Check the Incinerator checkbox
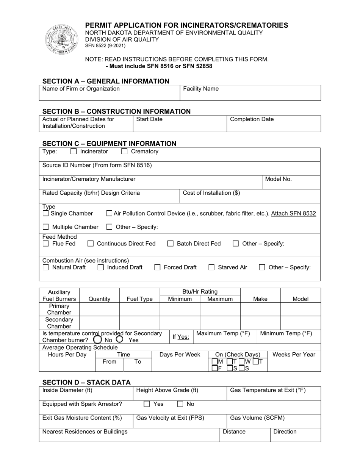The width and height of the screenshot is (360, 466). (x=74, y=152)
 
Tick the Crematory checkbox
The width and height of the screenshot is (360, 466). (x=124, y=152)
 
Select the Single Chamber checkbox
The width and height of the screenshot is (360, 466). (x=46, y=214)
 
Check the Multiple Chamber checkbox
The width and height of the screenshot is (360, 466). (x=46, y=227)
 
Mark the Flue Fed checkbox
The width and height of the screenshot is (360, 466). (x=46, y=244)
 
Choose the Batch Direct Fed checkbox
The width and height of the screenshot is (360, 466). (x=171, y=244)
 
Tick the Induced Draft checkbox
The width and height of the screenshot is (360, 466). (x=101, y=267)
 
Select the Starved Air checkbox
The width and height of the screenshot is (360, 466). (x=212, y=267)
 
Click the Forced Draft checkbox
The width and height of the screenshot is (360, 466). (x=157, y=267)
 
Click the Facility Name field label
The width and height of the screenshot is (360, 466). (x=201, y=89)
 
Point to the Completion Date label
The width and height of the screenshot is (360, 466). (x=252, y=119)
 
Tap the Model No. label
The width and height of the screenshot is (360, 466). (x=278, y=179)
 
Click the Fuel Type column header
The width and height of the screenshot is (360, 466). (x=139, y=299)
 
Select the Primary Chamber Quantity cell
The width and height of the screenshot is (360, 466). (x=99, y=309)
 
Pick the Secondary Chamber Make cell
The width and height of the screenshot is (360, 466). (x=260, y=323)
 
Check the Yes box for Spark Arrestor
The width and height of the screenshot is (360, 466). (x=147, y=404)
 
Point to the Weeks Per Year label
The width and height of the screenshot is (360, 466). (x=294, y=355)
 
